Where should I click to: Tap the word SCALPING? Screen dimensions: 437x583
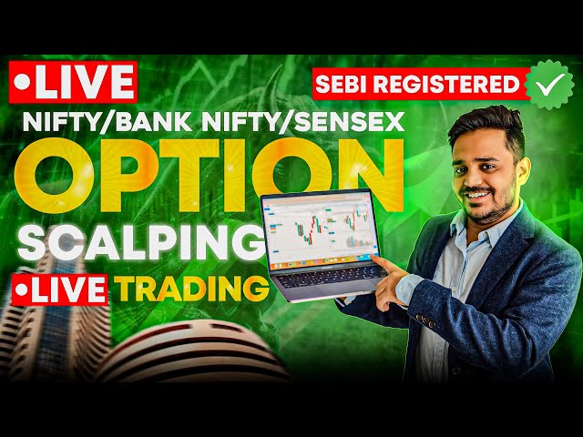click(x=137, y=240)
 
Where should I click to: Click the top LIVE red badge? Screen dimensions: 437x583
click(x=72, y=83)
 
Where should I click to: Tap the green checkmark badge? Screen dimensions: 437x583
click(x=549, y=83)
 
